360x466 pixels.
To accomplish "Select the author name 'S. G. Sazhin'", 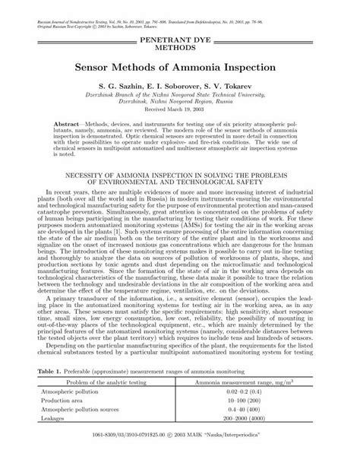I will [122, 87].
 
